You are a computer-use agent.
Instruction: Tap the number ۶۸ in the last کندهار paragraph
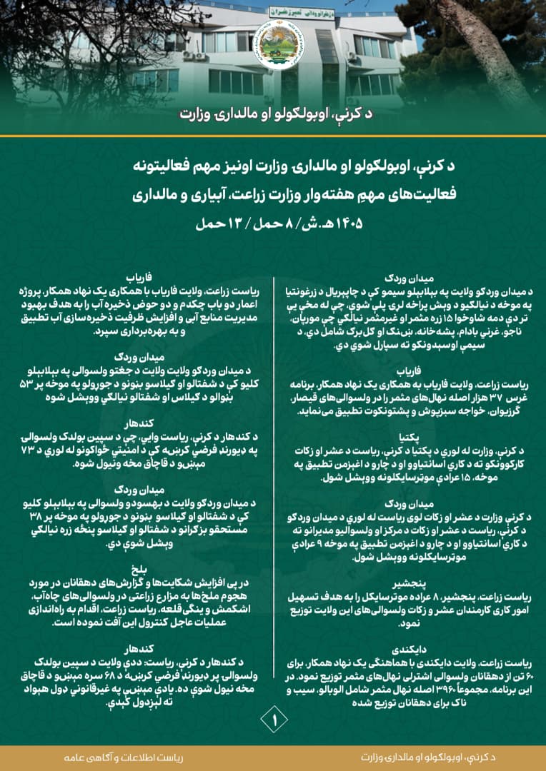pyautogui.click(x=129, y=676)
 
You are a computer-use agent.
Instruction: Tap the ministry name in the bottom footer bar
pyautogui.click(x=416, y=757)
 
